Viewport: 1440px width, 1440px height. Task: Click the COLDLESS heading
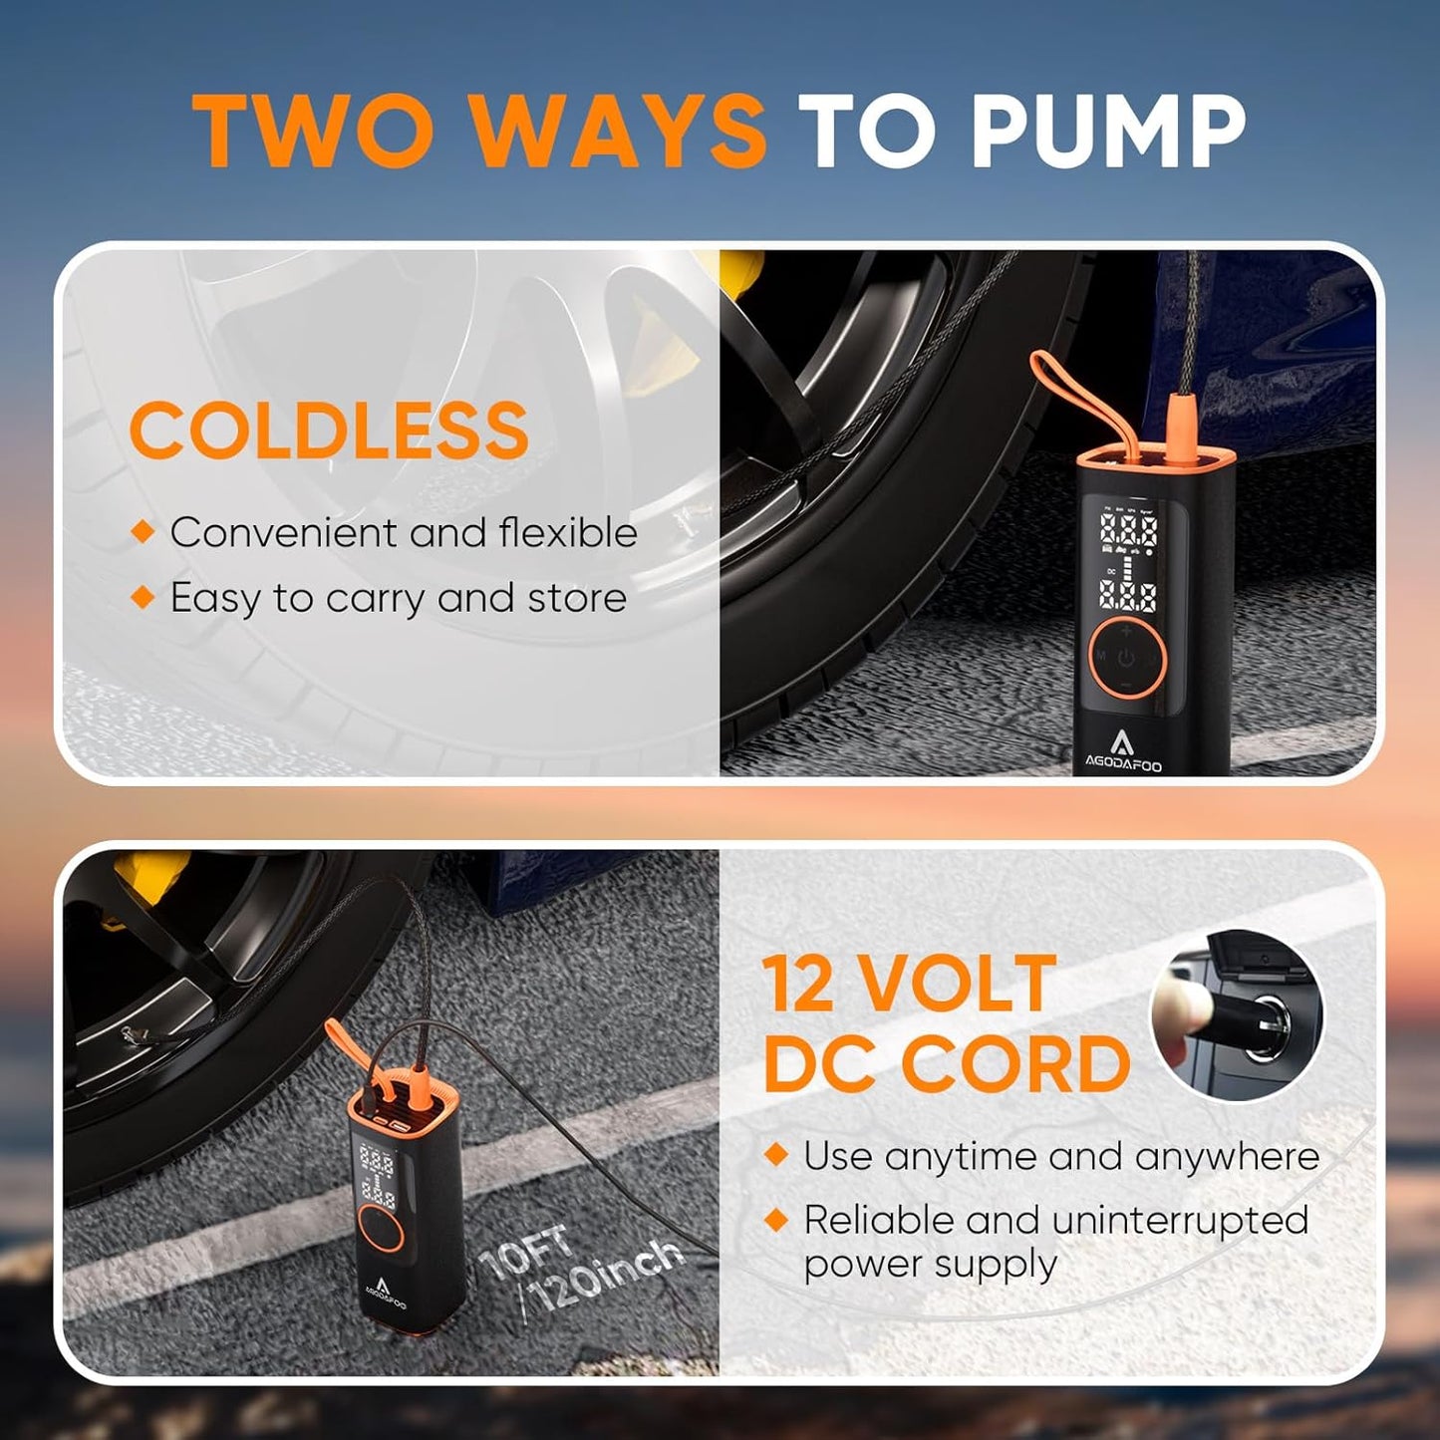click(x=329, y=431)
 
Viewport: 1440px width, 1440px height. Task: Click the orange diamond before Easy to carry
click(x=144, y=597)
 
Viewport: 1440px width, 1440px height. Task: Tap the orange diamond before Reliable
click(x=776, y=1219)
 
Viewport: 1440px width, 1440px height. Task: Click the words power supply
click(x=930, y=1264)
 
